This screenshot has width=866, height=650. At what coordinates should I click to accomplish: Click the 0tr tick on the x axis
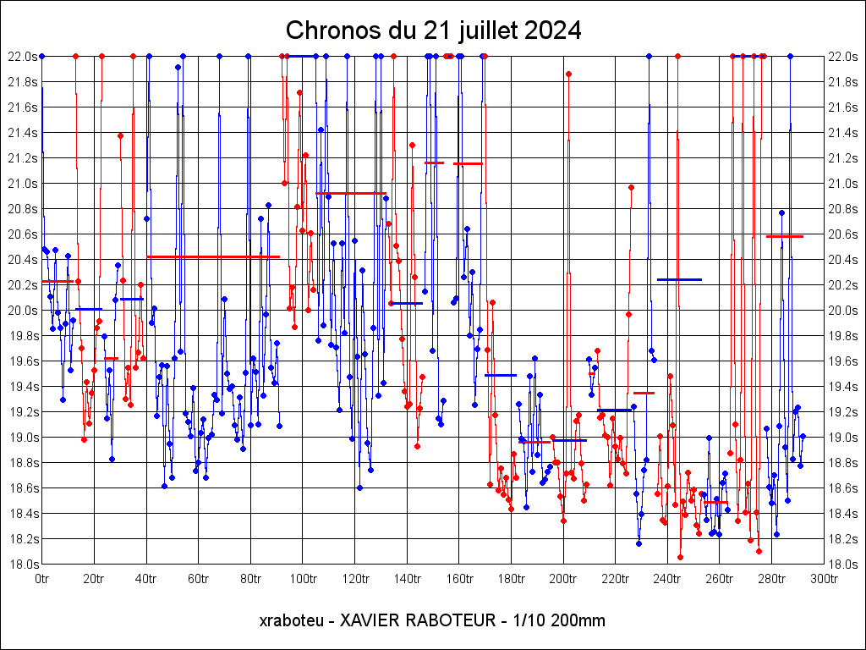point(41,579)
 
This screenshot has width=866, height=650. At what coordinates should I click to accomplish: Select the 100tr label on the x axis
point(302,579)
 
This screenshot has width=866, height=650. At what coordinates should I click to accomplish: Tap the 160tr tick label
point(458,579)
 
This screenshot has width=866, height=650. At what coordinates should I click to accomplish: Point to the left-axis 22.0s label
point(22,57)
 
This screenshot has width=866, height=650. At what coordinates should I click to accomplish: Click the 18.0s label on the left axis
point(22,565)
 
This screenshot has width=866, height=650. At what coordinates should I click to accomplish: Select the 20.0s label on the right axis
point(843,311)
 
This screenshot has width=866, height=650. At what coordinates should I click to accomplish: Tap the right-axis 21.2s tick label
point(843,158)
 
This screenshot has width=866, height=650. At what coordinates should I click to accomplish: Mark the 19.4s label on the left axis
point(22,387)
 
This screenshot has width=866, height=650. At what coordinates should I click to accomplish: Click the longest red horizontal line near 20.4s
point(213,256)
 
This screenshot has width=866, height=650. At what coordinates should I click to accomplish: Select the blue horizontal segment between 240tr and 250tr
point(679,279)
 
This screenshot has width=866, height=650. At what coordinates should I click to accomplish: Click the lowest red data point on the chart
point(680,557)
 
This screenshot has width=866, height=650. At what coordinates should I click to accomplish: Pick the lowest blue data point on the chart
point(639,543)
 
